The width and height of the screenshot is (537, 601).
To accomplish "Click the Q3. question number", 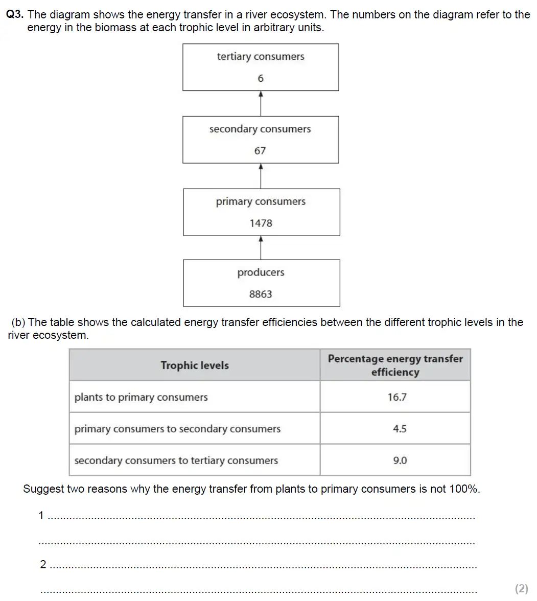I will click(x=15, y=15).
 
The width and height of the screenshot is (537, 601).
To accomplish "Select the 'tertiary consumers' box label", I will click(x=261, y=57).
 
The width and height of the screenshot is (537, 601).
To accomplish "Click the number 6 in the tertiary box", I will click(x=261, y=78).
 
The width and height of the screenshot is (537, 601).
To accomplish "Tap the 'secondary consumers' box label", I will click(x=260, y=129).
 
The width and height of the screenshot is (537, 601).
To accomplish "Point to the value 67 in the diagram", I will click(x=260, y=151).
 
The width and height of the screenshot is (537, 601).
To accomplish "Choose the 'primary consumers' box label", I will click(x=261, y=202).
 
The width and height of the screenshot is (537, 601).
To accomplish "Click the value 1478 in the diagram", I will click(x=261, y=223).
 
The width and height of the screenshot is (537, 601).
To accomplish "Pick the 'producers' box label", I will click(x=261, y=272).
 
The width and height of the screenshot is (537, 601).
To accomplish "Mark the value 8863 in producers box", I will click(x=261, y=294).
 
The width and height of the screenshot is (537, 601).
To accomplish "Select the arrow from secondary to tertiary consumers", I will click(x=261, y=103).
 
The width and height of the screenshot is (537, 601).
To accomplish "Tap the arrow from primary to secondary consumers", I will click(x=261, y=176).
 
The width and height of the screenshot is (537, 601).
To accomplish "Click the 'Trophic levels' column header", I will click(x=195, y=365).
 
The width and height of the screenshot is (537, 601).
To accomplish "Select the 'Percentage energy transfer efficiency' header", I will click(x=395, y=365).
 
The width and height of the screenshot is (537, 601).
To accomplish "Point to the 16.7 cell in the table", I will click(x=397, y=397).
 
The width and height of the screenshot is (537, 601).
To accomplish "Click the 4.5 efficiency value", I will click(x=400, y=429).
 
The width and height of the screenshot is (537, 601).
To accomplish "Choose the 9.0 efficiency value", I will click(x=400, y=460).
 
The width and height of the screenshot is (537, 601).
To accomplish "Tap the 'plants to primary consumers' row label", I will click(x=141, y=397).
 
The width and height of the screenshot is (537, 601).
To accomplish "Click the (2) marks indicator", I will click(x=521, y=588).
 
